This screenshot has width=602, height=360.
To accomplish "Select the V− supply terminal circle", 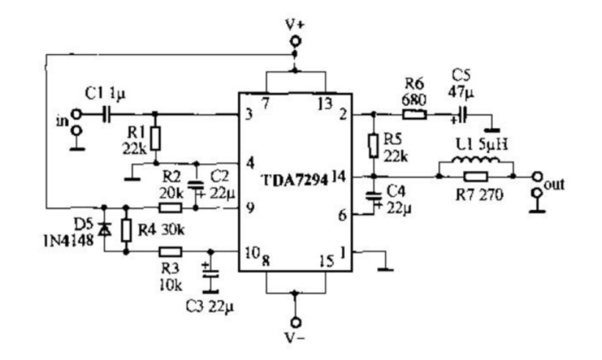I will pos(296,322).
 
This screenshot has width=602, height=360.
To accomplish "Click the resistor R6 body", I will pos(416,115).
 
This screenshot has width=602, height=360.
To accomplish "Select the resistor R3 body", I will pos(171,252).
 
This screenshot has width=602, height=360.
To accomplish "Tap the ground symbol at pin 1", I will pos(384,267).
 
